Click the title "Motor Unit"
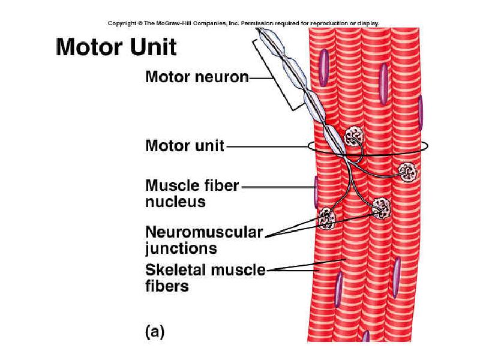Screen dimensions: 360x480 pyautogui.click(x=116, y=47)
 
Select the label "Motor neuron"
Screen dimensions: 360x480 pyautogui.click(x=197, y=77)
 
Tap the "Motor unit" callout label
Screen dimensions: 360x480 pyautogui.click(x=185, y=146)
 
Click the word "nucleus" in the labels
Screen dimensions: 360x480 pyautogui.click(x=175, y=202)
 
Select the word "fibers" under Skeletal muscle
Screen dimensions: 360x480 pyautogui.click(x=167, y=286)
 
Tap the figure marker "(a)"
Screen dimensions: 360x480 pyautogui.click(x=154, y=331)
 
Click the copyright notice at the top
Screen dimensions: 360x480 pyautogui.click(x=243, y=23)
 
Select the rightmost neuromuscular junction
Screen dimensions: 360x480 pyautogui.click(x=408, y=172)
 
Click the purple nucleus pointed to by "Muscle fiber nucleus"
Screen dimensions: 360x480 pyautogui.click(x=315, y=191)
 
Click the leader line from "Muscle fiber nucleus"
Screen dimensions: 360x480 pyautogui.click(x=276, y=187)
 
